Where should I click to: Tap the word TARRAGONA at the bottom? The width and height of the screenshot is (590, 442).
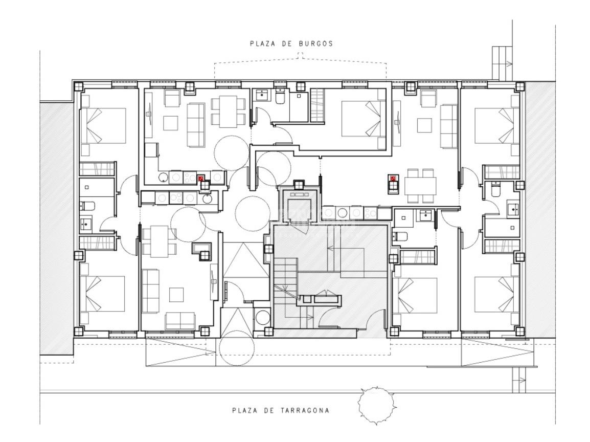(x=304, y=410)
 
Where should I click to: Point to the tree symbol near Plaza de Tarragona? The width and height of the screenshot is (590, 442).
(x=377, y=406)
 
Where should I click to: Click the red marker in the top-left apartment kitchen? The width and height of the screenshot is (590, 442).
(x=201, y=178)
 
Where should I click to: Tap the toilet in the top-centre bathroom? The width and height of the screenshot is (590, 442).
(x=281, y=97)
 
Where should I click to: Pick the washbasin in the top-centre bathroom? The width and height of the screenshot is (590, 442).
(x=260, y=95)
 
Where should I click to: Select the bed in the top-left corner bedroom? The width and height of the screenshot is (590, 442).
(x=103, y=126)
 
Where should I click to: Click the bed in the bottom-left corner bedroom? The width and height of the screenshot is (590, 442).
(x=102, y=294)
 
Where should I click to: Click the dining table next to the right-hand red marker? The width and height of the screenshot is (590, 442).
(x=420, y=186)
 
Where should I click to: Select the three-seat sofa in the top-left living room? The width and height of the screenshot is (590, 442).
(x=196, y=125)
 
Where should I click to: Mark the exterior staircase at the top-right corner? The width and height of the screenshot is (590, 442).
(x=503, y=63)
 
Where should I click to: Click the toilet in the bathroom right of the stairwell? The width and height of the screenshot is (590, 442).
(x=400, y=236)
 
